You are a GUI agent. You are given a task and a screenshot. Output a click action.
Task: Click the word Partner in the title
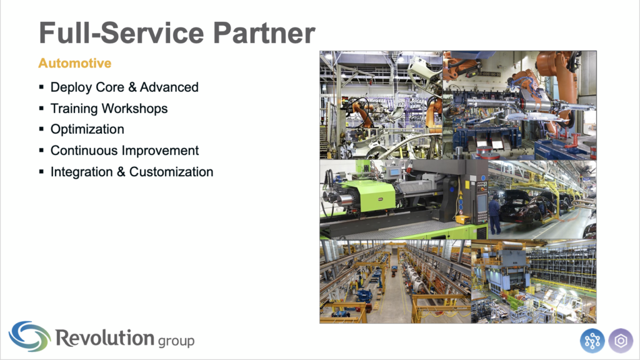(x=264, y=33)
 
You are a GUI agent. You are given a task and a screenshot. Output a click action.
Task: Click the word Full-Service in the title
(x=121, y=32)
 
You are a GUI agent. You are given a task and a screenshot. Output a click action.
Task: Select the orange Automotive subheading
(x=75, y=63)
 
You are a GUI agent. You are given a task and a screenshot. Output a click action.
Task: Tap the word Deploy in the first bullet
(x=71, y=87)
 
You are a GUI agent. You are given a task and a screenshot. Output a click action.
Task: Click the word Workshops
(x=135, y=109)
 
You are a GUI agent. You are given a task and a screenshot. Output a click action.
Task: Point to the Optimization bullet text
(x=87, y=129)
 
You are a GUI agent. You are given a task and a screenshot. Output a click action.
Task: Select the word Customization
(x=171, y=172)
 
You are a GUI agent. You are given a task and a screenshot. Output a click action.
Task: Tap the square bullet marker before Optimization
(x=41, y=129)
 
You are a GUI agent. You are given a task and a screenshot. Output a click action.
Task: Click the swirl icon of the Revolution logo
(x=30, y=336)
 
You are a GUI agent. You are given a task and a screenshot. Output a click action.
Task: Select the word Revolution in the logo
(x=104, y=338)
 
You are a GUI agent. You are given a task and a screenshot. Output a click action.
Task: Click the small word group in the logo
(x=176, y=341)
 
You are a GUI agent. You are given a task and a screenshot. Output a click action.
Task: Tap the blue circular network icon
(x=592, y=341)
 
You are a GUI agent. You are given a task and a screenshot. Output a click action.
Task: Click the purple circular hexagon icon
(x=621, y=341)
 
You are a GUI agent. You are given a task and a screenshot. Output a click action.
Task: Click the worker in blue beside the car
(x=494, y=214)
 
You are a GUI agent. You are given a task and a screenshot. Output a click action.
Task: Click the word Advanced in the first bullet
(x=169, y=87)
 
